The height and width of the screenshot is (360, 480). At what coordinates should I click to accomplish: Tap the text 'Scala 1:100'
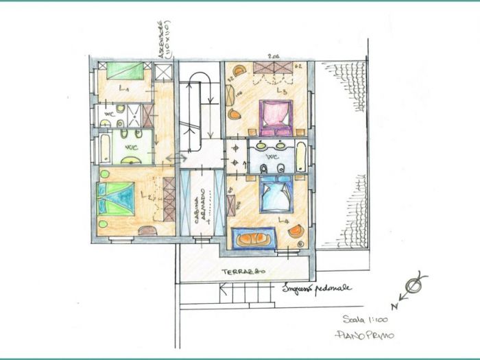365,319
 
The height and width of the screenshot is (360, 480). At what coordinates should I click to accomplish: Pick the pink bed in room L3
276,117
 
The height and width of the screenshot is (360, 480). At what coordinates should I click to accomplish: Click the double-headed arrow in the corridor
176,159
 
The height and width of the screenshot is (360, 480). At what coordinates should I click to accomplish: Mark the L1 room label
125,90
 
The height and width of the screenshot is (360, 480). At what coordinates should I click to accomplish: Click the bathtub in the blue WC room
301,156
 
